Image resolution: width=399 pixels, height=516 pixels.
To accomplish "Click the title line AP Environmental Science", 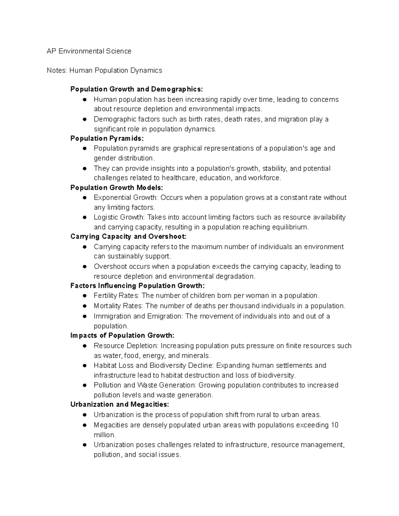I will [x=89, y=51].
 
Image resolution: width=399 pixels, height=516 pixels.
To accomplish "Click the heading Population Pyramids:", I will [x=107, y=138].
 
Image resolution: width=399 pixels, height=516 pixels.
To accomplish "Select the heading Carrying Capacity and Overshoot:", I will [x=128, y=237].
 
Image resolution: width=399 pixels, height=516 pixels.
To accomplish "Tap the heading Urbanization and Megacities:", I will [x=120, y=404].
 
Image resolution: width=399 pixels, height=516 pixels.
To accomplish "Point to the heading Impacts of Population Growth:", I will [x=122, y=335].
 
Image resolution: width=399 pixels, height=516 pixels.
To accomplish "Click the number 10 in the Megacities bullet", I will [x=334, y=425].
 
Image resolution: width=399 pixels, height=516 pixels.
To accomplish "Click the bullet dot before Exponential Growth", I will [x=85, y=198].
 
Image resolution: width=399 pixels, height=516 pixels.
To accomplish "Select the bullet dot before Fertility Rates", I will [x=85, y=296].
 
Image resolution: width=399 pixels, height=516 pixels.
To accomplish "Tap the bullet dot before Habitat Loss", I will [x=85, y=365].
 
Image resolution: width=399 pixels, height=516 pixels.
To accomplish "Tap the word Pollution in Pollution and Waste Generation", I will [x=107, y=385].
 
